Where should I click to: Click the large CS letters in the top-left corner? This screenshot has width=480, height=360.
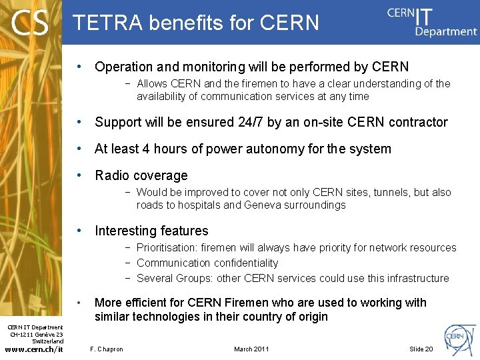point(30,23)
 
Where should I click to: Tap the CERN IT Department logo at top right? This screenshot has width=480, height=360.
point(432,22)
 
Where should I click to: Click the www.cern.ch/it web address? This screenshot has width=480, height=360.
point(33,349)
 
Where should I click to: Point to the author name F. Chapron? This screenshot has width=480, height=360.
point(107,349)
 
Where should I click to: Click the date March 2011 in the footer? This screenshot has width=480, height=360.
point(252,349)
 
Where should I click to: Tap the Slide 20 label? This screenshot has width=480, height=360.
point(421,349)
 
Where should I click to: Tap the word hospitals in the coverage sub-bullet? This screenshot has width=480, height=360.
point(199,205)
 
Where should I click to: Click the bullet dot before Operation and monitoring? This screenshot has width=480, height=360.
point(79,67)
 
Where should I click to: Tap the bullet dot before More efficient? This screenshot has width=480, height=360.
point(79,303)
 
